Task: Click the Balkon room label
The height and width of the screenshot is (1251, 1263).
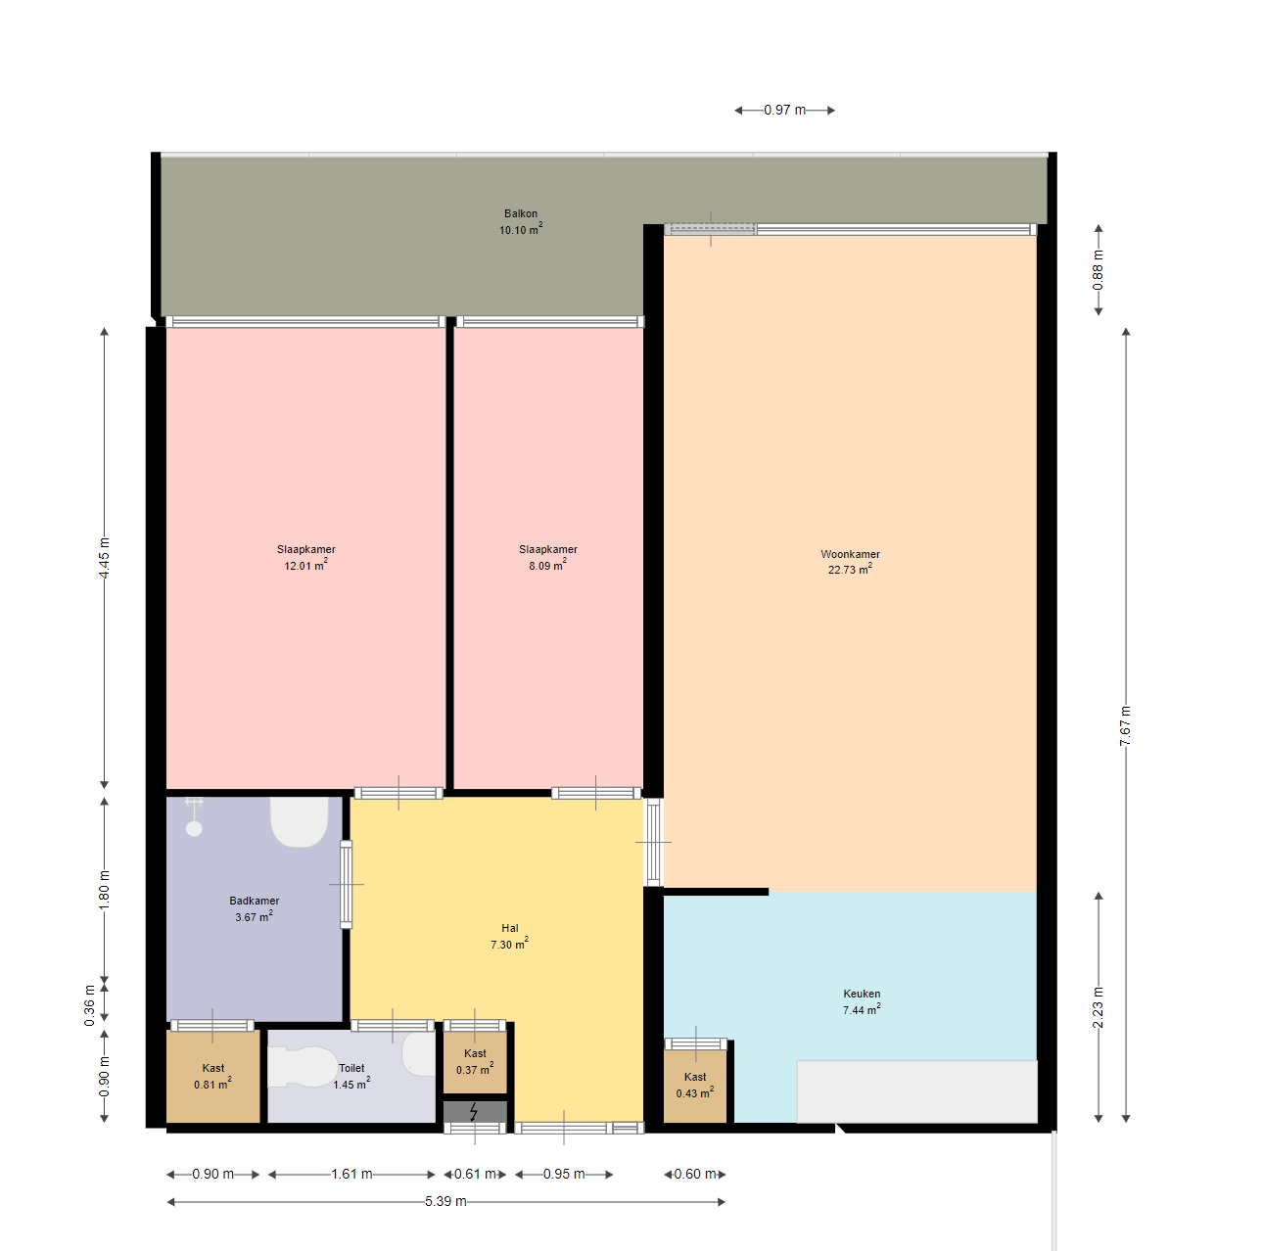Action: pos(520,213)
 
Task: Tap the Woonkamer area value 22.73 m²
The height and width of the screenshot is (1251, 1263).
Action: pos(850,570)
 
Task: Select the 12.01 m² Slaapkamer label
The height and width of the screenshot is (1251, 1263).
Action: pos(305,557)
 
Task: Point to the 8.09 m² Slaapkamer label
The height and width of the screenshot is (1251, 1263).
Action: pos(547,557)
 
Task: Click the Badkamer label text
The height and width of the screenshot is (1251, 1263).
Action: pos(254,901)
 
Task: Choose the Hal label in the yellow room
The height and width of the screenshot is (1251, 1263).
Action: pos(509,928)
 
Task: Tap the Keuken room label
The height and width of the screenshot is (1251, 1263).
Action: pos(861,994)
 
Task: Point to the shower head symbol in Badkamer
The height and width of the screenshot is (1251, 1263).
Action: pos(193,816)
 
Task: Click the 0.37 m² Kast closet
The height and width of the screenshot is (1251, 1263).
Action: pos(475,1062)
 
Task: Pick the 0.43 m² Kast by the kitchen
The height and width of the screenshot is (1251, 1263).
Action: pos(695,1086)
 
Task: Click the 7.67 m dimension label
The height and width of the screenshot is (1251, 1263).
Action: pos(1125,725)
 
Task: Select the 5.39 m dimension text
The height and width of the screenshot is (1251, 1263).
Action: pos(445,1201)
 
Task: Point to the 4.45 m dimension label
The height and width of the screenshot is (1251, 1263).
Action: pos(104,558)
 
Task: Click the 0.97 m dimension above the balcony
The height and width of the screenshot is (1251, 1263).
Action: pos(784,110)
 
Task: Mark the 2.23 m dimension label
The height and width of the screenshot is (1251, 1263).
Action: pos(1098,1007)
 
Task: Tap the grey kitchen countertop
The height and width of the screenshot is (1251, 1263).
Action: pos(916,1091)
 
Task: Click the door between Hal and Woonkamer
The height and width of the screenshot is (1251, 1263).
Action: pos(653,842)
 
